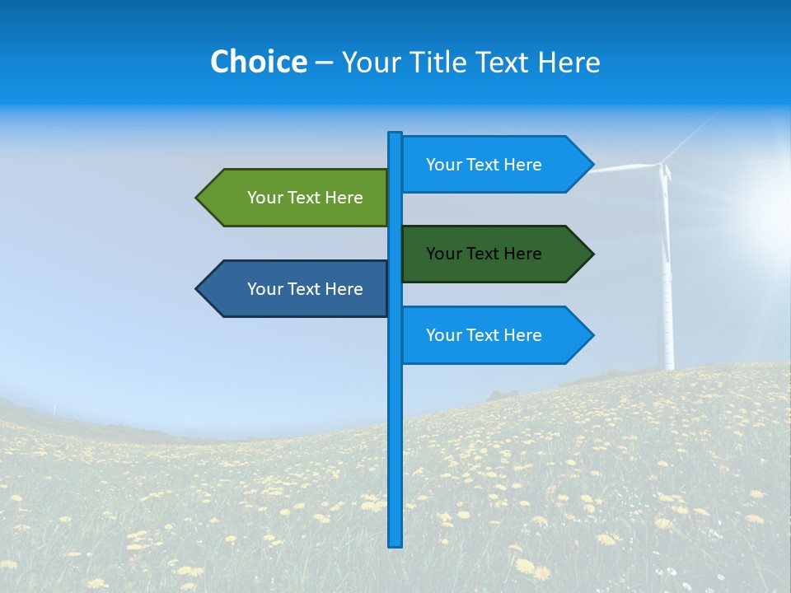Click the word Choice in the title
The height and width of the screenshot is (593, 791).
point(258,62)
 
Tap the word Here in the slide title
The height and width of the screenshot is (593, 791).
point(569,62)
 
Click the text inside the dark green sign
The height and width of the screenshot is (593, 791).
point(484,254)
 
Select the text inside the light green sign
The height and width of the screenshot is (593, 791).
point(305,198)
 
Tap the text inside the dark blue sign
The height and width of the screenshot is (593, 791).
point(305,289)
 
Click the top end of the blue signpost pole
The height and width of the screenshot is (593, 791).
point(395,135)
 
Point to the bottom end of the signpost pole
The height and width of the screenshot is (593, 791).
point(395,544)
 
